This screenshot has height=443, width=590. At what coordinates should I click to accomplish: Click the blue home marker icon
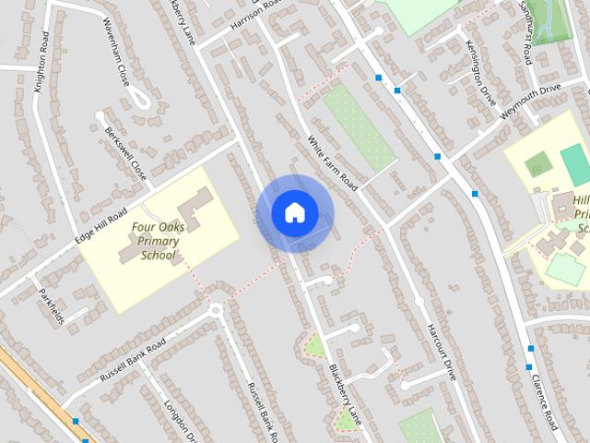294,212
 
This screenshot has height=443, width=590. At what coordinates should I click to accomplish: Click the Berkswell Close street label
125,152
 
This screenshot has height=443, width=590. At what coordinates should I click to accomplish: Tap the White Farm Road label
333,162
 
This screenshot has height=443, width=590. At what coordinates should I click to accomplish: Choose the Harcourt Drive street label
442,351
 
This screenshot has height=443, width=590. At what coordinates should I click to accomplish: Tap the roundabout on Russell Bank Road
216,311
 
